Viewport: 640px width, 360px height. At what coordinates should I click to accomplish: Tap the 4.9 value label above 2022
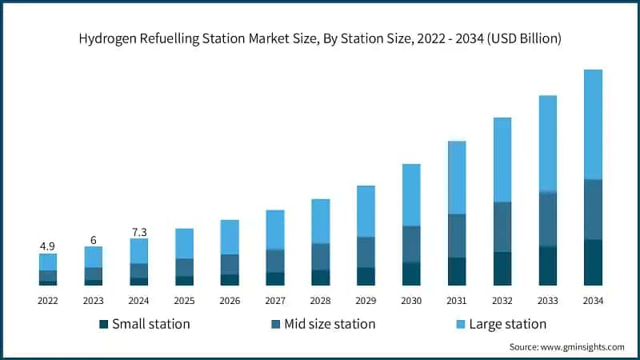(x=47, y=246)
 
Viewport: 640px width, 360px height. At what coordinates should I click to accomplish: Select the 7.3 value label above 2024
(x=138, y=231)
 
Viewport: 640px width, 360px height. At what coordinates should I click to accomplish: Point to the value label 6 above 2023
(x=93, y=239)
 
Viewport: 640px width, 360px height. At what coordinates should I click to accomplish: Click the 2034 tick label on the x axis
(x=593, y=300)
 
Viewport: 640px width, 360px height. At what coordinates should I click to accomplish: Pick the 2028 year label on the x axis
(x=320, y=300)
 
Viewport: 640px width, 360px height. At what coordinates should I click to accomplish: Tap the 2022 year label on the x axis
(x=47, y=300)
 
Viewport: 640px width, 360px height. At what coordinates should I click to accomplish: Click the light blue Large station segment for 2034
(x=593, y=124)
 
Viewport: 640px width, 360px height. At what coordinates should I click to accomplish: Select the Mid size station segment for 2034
(x=593, y=210)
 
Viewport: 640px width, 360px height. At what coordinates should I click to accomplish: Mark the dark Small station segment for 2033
(x=547, y=266)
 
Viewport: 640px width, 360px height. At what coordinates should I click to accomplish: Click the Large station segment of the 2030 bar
(x=411, y=194)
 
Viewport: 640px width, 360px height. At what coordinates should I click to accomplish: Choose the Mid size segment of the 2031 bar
(x=457, y=236)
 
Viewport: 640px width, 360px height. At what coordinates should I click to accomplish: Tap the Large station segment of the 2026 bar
(x=230, y=237)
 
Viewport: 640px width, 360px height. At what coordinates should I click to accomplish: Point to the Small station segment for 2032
(x=502, y=269)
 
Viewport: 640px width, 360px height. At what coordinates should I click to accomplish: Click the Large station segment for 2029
(x=366, y=211)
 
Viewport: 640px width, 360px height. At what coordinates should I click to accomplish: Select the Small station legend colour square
(x=103, y=324)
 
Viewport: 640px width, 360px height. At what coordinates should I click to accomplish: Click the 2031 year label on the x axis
(x=457, y=300)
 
